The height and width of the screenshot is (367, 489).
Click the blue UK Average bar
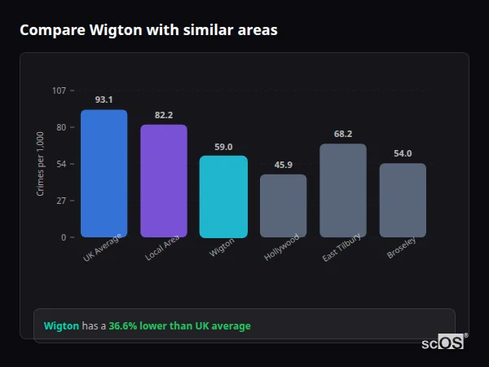[104, 174]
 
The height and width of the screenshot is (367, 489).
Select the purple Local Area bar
[164, 181]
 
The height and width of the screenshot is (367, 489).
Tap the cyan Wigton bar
[223, 197]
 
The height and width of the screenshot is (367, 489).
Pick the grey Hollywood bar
[283, 206]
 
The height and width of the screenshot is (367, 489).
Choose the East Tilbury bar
[343, 191]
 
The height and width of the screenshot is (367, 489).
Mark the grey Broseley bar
[403, 201]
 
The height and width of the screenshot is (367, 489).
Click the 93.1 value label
[104, 99]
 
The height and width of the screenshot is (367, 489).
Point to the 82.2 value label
[164, 115]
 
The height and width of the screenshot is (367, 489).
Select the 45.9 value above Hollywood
[283, 165]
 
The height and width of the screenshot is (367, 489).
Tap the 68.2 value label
[343, 134]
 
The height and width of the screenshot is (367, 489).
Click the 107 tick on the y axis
[59, 91]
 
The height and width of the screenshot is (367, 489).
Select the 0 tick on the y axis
[63, 237]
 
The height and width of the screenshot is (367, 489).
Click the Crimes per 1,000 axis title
[40, 163]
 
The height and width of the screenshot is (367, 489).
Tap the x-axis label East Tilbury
[341, 248]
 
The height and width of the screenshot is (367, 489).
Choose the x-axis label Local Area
[163, 247]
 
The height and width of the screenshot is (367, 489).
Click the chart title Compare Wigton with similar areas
[148, 30]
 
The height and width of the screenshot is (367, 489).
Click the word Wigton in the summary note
[61, 326]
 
